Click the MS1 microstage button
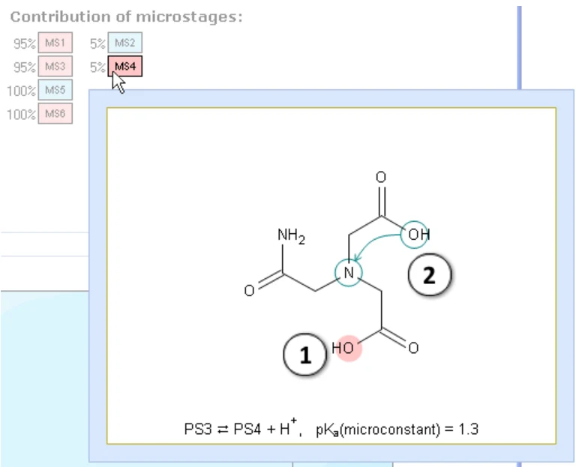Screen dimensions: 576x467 [55, 43]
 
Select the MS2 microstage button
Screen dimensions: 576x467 [125, 43]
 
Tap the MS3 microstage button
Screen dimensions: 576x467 [55, 67]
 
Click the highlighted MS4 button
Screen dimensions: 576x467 [125, 67]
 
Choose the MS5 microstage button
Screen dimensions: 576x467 [55, 90]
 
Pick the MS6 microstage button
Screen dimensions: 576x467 [55, 113]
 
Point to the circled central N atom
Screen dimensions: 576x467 [349, 273]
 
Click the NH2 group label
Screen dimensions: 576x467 [291, 235]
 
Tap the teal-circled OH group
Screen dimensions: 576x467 [415, 234]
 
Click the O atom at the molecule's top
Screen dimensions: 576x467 [381, 178]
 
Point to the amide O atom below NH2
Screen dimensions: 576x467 [249, 290]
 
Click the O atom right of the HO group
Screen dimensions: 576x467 [413, 348]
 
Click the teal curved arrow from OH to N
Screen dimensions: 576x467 [371, 242]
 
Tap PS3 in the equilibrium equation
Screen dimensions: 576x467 [198, 430]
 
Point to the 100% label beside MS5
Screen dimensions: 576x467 [21, 91]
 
